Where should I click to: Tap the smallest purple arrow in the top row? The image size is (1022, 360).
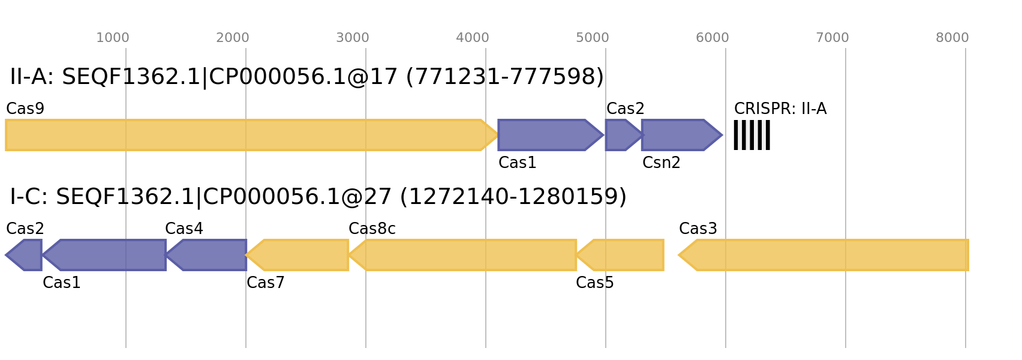click(621, 135)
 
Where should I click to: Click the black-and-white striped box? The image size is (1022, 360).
click(752, 135)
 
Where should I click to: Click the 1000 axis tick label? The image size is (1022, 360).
click(113, 38)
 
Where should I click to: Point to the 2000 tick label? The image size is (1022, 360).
click(233, 38)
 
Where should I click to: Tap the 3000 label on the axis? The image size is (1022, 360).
click(353, 38)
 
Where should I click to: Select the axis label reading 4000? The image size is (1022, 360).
click(473, 38)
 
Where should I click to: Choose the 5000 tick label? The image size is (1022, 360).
click(593, 38)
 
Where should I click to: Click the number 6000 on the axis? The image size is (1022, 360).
click(713, 38)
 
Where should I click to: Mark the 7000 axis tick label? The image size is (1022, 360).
click(832, 38)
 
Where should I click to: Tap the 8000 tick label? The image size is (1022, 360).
click(952, 38)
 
